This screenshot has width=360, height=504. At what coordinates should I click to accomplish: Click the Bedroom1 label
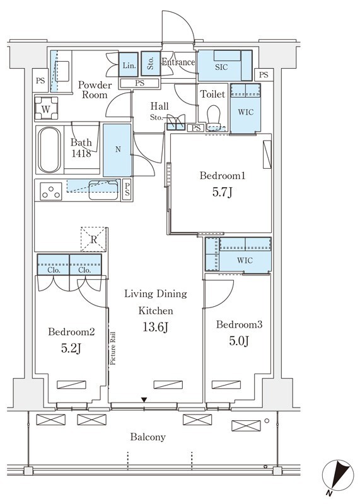223,176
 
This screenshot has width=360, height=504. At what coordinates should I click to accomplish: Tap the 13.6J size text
155,327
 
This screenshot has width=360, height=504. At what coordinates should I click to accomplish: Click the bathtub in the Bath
49,150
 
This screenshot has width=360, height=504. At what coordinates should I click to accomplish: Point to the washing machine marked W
46,108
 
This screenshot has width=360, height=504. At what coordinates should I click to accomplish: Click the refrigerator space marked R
93,239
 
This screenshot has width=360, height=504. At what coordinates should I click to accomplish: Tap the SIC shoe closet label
221,67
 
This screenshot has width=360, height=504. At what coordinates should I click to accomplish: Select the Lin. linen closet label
129,66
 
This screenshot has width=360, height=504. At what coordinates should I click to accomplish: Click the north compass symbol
338,476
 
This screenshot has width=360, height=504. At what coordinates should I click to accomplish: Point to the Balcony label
148,437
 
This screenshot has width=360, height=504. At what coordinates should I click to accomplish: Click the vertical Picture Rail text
112,348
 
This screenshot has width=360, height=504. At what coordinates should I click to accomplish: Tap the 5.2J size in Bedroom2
71,348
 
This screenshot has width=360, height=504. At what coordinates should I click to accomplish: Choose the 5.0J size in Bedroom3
239,341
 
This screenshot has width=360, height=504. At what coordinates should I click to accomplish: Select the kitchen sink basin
103,190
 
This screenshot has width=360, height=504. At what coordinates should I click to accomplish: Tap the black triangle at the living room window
144,400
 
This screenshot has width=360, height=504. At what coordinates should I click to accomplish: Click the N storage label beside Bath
118,149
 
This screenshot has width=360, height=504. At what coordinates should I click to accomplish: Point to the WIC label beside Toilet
245,112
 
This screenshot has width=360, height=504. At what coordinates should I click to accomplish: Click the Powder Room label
95,89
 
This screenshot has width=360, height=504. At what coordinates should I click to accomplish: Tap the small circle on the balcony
267,420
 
